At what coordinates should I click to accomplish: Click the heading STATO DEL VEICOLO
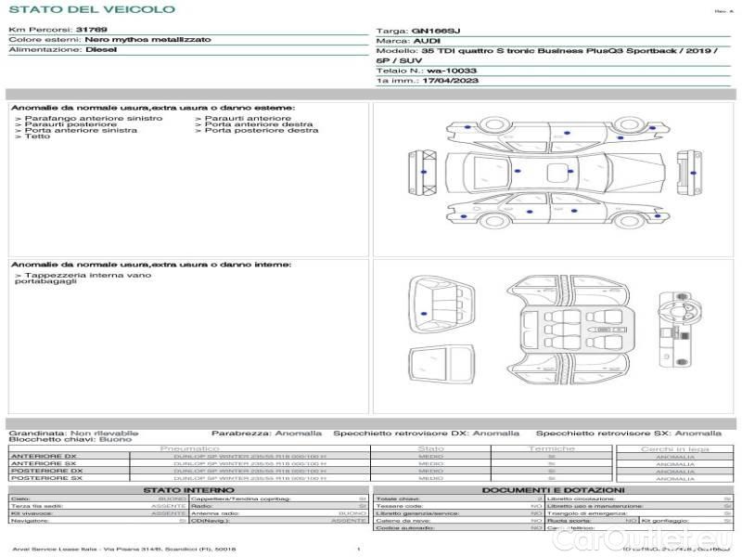91,9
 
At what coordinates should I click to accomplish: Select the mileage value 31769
91,30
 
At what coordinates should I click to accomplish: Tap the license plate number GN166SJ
435,31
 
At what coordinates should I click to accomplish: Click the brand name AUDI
427,42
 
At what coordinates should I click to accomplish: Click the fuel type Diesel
101,49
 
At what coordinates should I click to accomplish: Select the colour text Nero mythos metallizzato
147,40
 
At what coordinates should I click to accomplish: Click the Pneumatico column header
189,449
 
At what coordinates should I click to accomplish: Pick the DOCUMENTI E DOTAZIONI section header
553,490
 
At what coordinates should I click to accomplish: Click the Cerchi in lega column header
674,449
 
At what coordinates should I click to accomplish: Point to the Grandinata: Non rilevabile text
73,434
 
